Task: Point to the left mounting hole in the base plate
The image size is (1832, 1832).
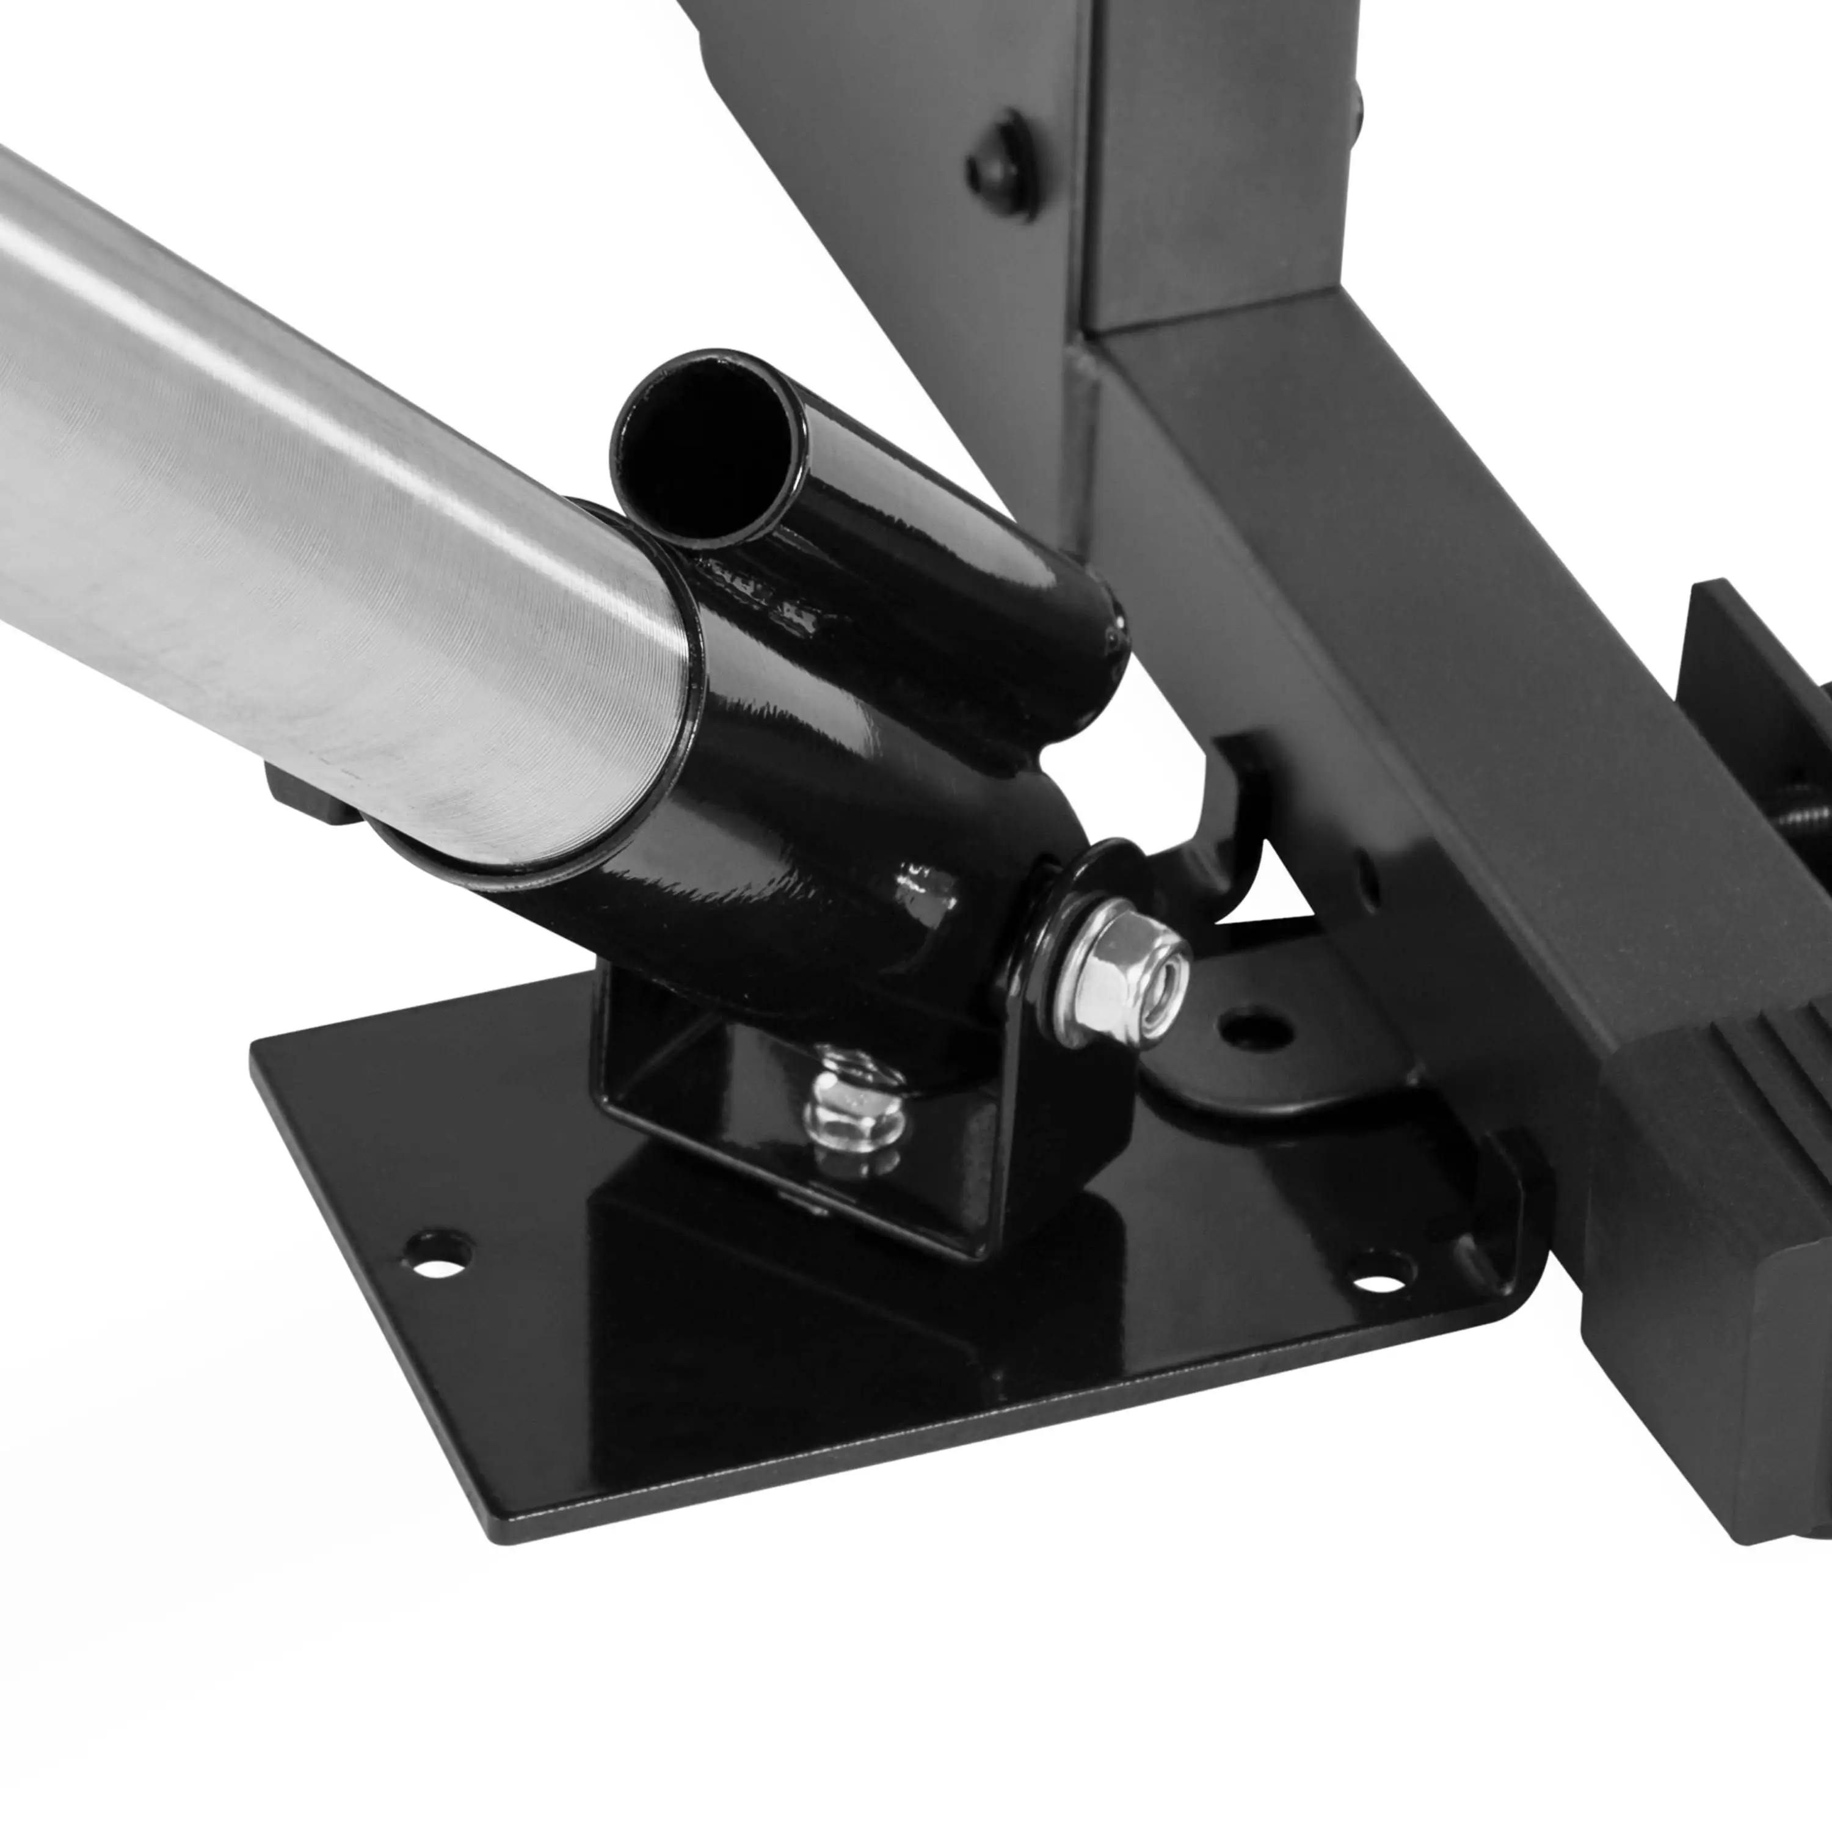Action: [437, 1252]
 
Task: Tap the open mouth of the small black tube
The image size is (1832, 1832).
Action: [703, 448]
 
